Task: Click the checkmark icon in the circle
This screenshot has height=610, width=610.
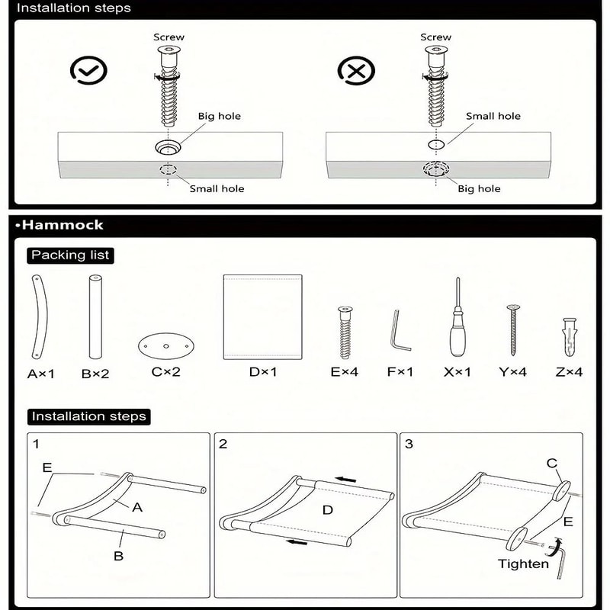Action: pos(88,71)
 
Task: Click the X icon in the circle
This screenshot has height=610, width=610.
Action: pos(355,71)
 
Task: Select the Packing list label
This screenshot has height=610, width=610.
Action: pos(70,255)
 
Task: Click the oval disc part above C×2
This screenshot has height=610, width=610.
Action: pos(165,346)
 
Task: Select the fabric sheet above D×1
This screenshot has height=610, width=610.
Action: pos(262,316)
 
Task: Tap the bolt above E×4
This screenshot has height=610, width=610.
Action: pos(344,332)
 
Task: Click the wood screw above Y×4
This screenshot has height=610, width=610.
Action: pos(513,329)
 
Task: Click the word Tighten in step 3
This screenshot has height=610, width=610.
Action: pos(522,564)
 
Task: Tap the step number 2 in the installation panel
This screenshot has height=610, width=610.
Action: pos(223,444)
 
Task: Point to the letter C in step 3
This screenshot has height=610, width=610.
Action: pos(551,463)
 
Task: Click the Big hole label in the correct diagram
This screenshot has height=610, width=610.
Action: pos(219,116)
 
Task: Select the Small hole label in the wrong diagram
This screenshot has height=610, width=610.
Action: pos(493,116)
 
